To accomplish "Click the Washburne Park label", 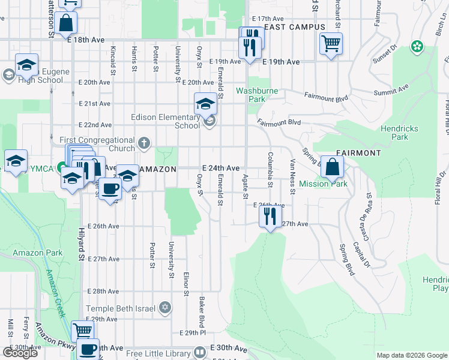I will click(x=259, y=95).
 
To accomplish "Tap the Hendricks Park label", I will click(x=403, y=133).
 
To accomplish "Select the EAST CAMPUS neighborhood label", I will click(x=295, y=27).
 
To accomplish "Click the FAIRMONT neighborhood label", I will click(x=358, y=153).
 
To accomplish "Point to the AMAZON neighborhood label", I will click(x=158, y=170).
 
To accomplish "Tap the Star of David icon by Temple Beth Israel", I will click(x=165, y=308).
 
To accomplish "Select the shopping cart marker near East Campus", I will click(x=331, y=43).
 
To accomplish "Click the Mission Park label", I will click(x=323, y=184).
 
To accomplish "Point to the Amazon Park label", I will click(x=37, y=253).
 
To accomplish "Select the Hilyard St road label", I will click(x=80, y=243).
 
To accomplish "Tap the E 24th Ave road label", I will click(x=221, y=168).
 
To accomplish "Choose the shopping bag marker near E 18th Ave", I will click(x=67, y=24).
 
